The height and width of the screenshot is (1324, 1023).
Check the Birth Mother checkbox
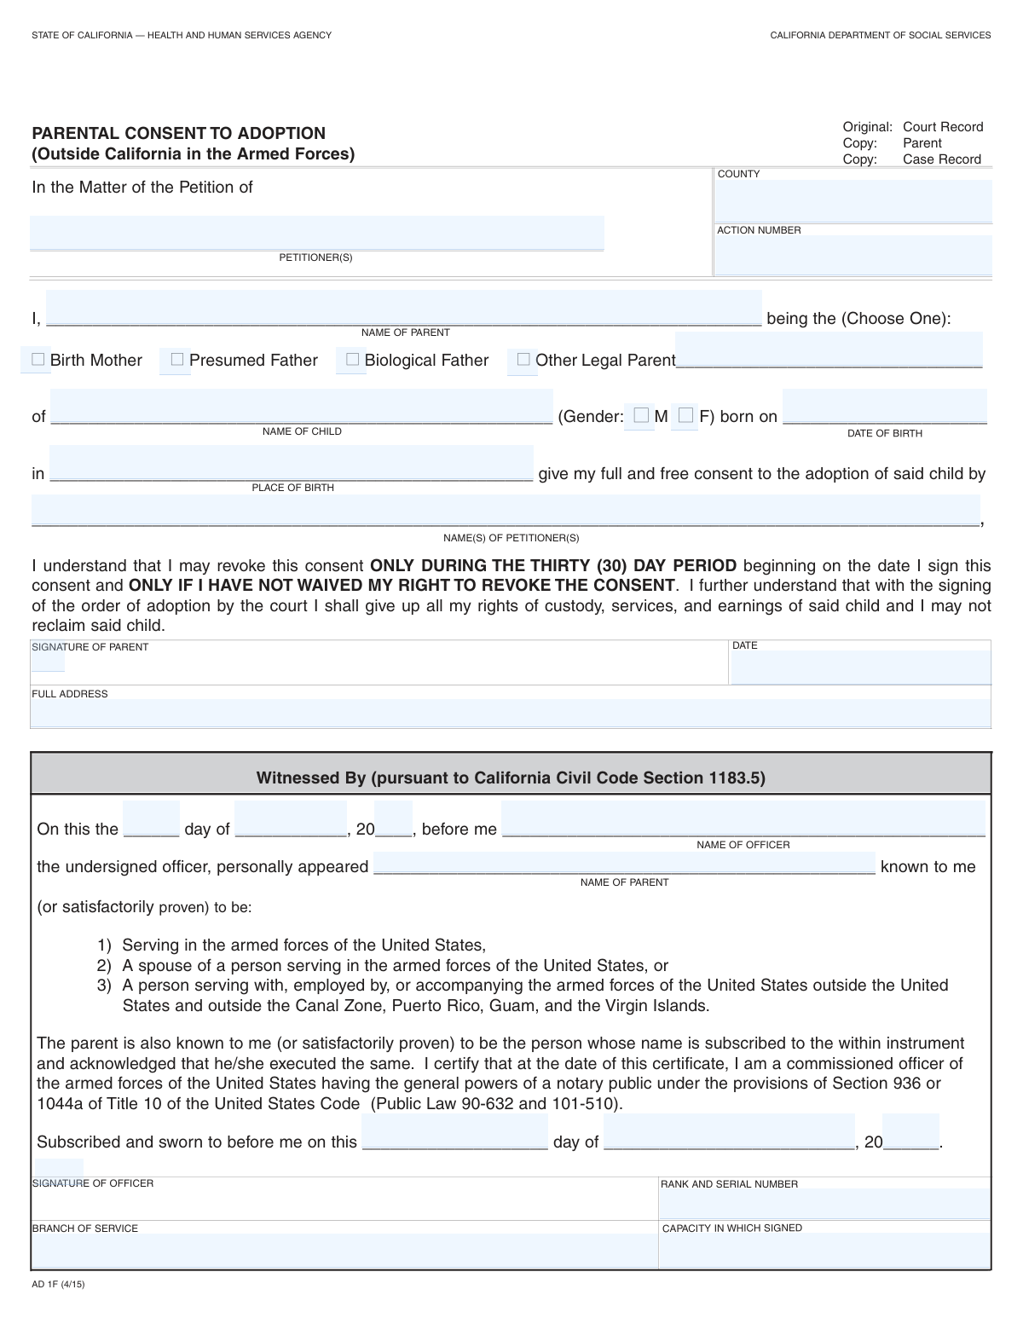38,360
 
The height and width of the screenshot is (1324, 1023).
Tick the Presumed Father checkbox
177,360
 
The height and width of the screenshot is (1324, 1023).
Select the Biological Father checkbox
352,360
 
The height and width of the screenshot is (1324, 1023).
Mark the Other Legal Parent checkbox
523,360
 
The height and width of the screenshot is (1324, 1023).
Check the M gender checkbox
641,415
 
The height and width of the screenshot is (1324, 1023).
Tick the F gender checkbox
685,415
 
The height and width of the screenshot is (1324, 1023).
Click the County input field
853,201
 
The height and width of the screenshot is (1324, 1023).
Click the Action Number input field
853,255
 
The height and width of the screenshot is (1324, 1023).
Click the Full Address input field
511,713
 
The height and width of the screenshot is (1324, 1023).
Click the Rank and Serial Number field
824,1204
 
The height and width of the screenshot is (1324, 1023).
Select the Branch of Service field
344,1250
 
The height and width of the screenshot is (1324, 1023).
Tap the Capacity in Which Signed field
824,1250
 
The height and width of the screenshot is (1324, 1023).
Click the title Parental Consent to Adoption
179,133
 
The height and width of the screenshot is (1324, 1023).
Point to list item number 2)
104,965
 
